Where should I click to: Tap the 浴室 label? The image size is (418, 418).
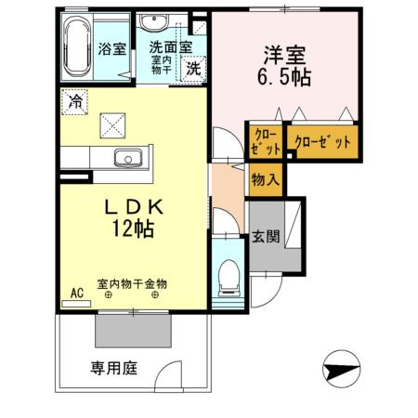pos(112,49)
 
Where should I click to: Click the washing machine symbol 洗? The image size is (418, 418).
pos(192,67)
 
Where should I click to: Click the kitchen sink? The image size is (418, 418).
pos(123,157)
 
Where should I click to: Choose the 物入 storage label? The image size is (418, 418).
pos(263,180)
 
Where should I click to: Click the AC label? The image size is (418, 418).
pos(77,293)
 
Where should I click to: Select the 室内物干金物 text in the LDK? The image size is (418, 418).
pos(132,284)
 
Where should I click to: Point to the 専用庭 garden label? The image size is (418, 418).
pos(114,369)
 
